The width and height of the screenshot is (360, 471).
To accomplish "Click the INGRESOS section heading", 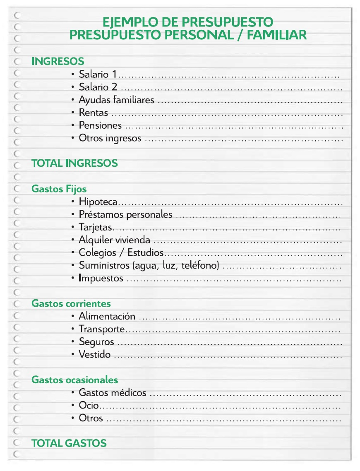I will pos(58,62).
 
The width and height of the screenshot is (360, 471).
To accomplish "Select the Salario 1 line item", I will pos(98,75).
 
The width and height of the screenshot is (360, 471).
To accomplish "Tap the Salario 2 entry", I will pos(98,87).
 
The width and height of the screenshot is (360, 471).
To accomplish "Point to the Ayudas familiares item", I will pos(116,100).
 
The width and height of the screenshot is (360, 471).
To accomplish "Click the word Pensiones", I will pos(100,125).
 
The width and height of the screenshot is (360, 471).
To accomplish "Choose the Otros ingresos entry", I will pos(110,138).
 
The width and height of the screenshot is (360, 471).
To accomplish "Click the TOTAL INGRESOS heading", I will pos(74,163).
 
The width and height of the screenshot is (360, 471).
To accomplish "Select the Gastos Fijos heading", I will pos(59,189).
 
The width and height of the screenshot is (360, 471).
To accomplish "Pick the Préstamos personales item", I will pos(125,215).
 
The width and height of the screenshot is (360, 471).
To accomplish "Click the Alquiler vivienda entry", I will pos(115,240).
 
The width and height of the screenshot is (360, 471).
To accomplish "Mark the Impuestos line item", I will pos(101,278).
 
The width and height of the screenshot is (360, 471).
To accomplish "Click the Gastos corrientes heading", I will pos(71,303).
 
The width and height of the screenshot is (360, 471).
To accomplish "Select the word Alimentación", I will pos(107,317).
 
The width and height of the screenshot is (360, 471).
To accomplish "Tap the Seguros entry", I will pos(96,342).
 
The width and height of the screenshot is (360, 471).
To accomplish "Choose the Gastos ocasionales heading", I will pos(74,380).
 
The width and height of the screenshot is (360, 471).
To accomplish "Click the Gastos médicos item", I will pos(113,393).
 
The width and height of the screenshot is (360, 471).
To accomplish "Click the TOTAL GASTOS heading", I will pos(69,443).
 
